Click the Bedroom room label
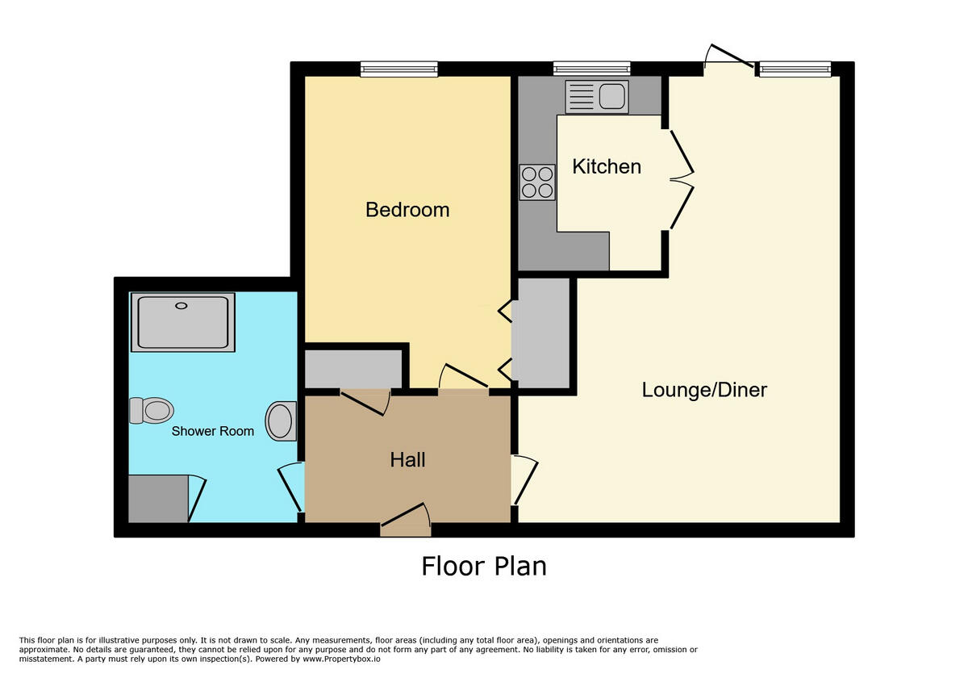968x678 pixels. click(x=407, y=210)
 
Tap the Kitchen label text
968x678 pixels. click(x=607, y=166)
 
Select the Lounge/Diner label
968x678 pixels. click(x=704, y=390)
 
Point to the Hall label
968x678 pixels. click(x=407, y=460)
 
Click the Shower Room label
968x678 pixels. click(x=212, y=431)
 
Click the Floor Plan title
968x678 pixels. click(x=483, y=566)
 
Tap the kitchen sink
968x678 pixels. click(x=597, y=97)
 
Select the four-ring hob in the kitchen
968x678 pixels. click(x=537, y=182)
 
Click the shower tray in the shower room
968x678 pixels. click(x=183, y=323)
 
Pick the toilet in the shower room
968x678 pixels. click(x=152, y=410)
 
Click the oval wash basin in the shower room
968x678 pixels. click(x=281, y=421)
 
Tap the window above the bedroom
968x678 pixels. click(x=398, y=69)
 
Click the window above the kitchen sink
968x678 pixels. click(x=591, y=69)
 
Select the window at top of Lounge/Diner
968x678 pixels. click(x=795, y=69)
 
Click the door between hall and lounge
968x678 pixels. click(x=524, y=481)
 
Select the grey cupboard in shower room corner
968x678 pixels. click(x=158, y=498)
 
